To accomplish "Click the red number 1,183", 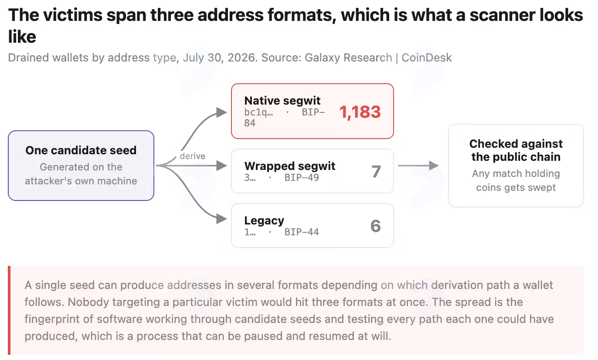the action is pyautogui.click(x=360, y=112).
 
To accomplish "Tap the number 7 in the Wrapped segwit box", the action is pyautogui.click(x=376, y=171).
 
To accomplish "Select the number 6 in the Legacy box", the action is pyautogui.click(x=376, y=226).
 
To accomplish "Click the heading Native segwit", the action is pyautogui.click(x=282, y=101).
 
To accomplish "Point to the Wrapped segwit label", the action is pyautogui.click(x=290, y=166).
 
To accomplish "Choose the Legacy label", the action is pyautogui.click(x=264, y=221).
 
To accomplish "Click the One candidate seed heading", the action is pyautogui.click(x=81, y=150).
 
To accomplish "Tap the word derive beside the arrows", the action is pyautogui.click(x=193, y=156).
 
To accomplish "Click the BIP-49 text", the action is pyautogui.click(x=302, y=177).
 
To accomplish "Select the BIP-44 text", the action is pyautogui.click(x=302, y=232).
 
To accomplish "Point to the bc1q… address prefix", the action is pyautogui.click(x=258, y=112).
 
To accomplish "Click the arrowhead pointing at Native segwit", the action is pyautogui.click(x=221, y=112).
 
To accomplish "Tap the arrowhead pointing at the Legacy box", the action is pyautogui.click(x=221, y=219).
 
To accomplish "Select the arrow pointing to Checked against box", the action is pyautogui.click(x=418, y=166).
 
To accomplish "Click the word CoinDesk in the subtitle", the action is pyautogui.click(x=426, y=58).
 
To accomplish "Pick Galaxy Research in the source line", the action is pyautogui.click(x=348, y=58).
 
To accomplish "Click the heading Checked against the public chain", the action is pyautogui.click(x=516, y=150).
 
